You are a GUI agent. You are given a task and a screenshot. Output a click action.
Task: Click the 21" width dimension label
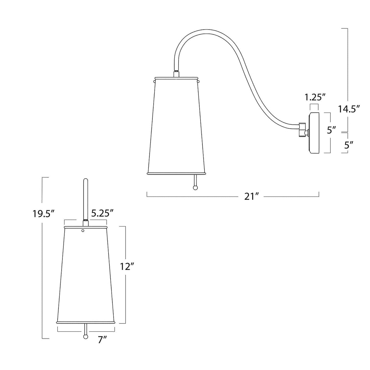click(251, 197)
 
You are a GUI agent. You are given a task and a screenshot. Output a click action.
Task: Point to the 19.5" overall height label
click(44, 214)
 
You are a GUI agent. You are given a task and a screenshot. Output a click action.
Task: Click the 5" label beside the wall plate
click(331, 130)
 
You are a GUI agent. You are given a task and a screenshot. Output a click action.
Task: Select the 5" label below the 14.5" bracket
click(348, 145)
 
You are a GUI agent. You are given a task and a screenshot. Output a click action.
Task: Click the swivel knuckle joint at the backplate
click(303, 130)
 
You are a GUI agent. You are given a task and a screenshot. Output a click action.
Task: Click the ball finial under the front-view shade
click(86, 336)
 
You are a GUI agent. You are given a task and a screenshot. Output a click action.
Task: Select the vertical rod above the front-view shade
click(86, 198)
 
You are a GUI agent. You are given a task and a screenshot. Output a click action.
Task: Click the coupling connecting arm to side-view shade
click(176, 74)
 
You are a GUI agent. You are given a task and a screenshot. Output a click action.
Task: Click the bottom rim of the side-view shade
click(177, 173)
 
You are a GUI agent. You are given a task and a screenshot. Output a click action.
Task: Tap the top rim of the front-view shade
click(86, 227)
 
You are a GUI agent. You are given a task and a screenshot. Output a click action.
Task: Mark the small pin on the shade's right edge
click(199, 81)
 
